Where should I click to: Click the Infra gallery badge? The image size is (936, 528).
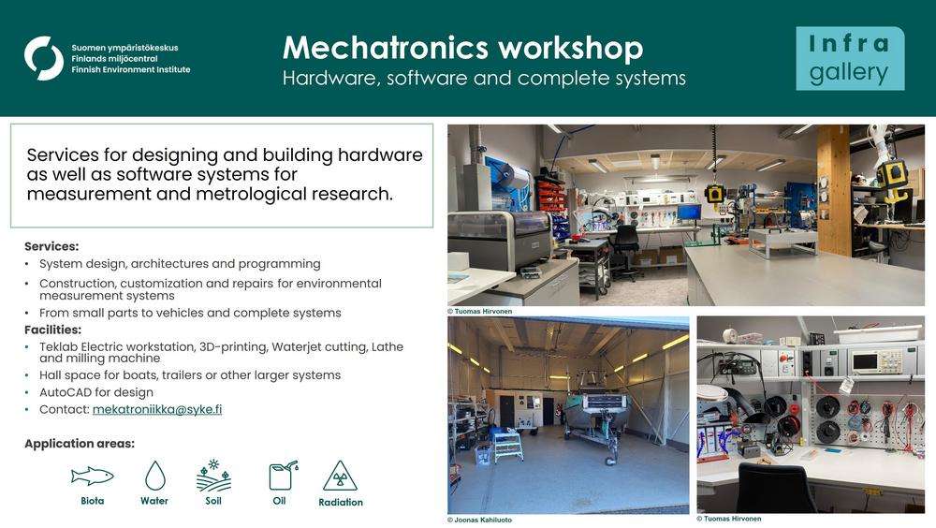click(850, 58)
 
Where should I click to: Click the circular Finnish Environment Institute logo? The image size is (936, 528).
click(44, 58)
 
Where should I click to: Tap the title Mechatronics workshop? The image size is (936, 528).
click(462, 48)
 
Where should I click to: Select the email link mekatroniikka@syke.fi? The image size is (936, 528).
click(157, 409)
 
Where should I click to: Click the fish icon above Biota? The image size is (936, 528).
click(92, 476)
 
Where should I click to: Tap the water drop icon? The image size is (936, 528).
click(154, 476)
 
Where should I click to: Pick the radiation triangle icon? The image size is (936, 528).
click(340, 476)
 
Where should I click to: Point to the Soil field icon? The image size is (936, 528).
click(213, 476)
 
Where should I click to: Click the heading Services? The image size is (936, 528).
click(51, 246)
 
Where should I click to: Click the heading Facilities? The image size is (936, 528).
click(52, 330)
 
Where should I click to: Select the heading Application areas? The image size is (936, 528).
click(80, 443)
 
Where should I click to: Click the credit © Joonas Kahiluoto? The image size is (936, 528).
click(479, 520)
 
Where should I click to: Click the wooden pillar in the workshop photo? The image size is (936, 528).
click(833, 190)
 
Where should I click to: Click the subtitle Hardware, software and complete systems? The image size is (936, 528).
click(484, 79)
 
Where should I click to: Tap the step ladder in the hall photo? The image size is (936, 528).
click(508, 445)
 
